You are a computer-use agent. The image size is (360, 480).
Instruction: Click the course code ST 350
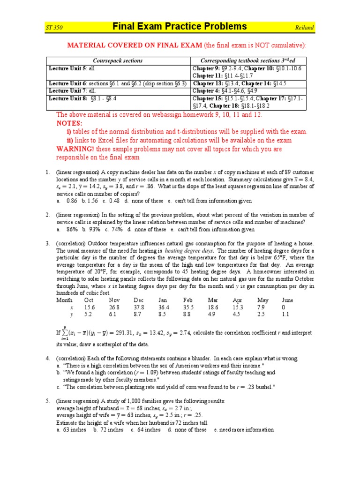[54, 28]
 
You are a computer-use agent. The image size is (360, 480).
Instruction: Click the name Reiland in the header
[304, 28]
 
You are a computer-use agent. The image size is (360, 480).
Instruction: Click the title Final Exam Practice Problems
[180, 26]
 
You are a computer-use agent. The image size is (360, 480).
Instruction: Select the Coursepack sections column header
[118, 61]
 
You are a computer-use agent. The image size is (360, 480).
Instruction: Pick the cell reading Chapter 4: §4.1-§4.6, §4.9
[228, 91]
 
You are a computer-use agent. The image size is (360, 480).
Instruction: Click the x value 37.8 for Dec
[139, 307]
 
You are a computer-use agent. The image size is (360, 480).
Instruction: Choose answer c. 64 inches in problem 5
[145, 430]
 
